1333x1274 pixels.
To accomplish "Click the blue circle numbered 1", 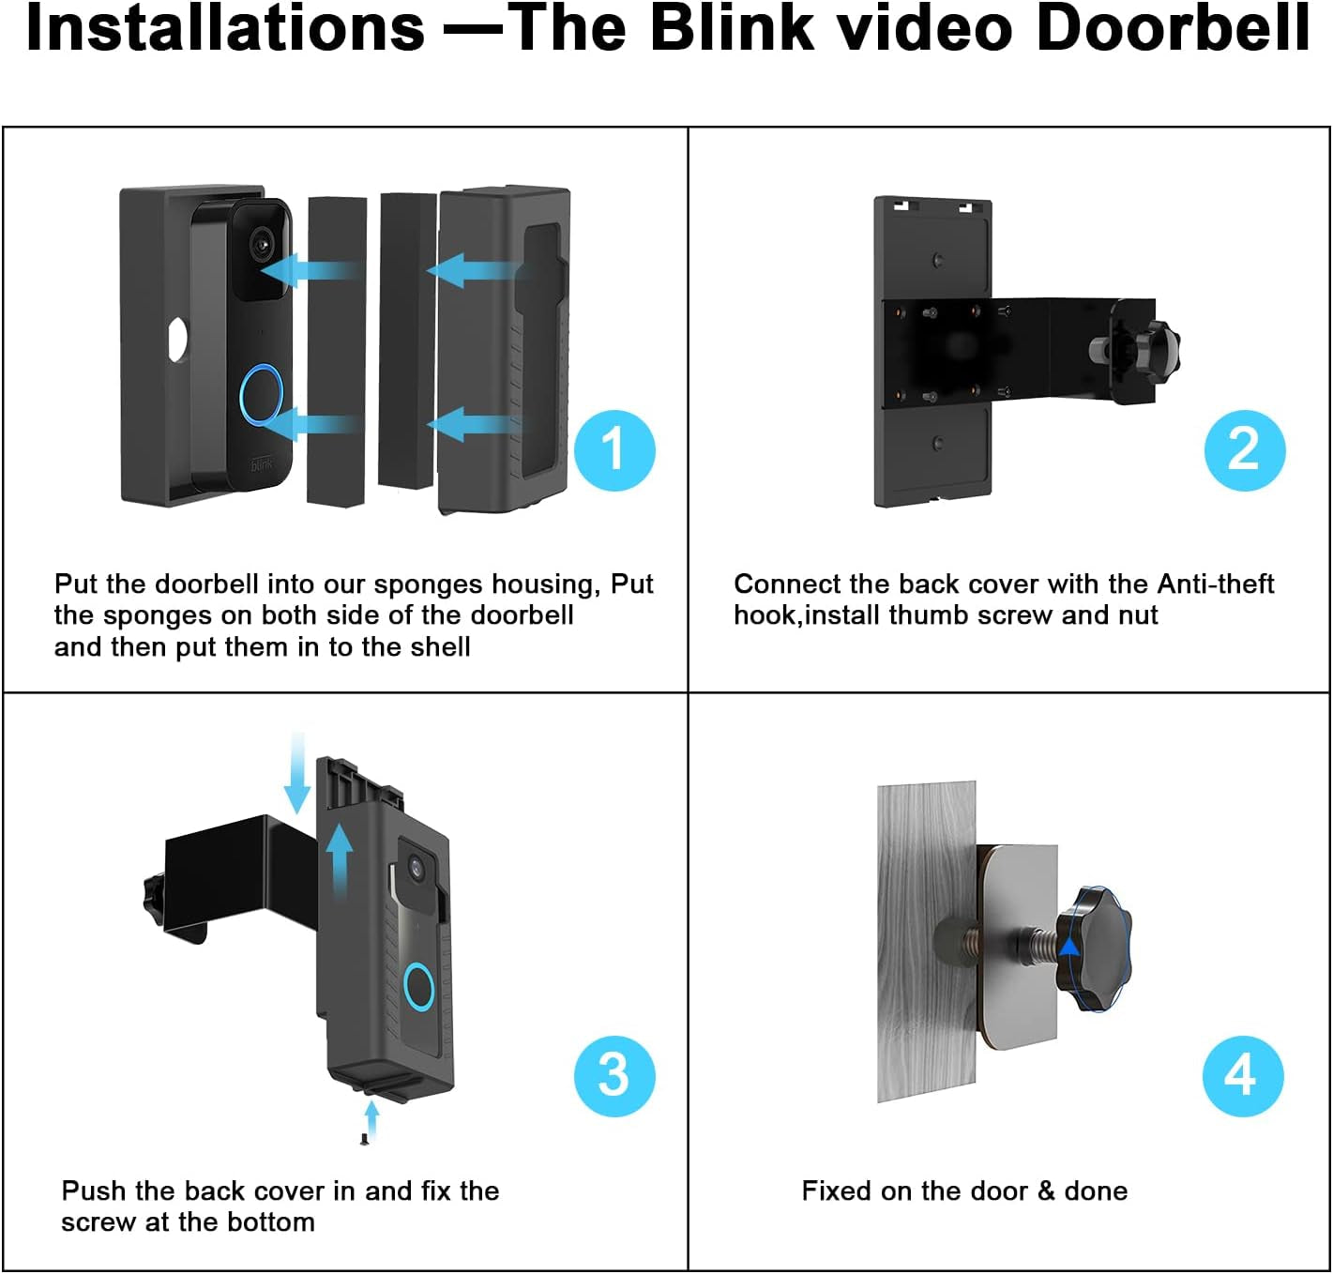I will tap(614, 450).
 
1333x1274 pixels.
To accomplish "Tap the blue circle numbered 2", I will tap(1244, 450).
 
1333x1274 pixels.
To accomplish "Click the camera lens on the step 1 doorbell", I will tap(264, 246).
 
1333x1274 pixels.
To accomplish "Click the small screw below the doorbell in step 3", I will tap(364, 1139).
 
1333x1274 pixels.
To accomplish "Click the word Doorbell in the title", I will tap(1173, 28).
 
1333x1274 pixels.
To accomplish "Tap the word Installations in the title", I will tap(225, 28).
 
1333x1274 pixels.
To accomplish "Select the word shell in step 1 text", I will tap(439, 647).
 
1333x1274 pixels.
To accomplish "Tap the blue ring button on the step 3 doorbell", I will tap(418, 986).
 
